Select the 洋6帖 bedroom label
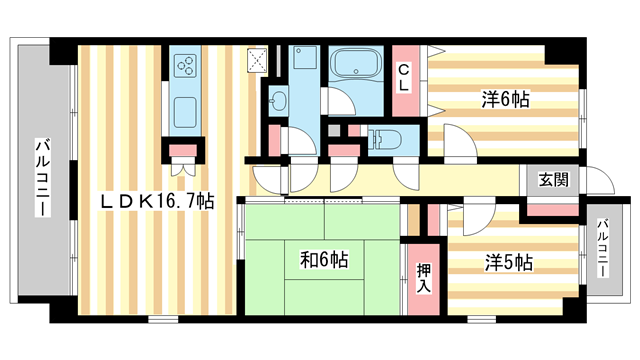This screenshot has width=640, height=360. (506, 99)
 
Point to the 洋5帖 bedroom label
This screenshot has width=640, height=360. (509, 263)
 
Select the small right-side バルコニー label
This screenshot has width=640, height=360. (603, 247)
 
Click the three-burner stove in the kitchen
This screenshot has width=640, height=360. (185, 67)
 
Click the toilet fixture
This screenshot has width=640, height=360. (384, 138)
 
